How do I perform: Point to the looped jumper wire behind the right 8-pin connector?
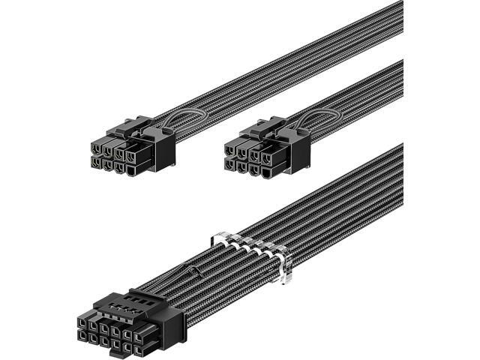click(x=306, y=120)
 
